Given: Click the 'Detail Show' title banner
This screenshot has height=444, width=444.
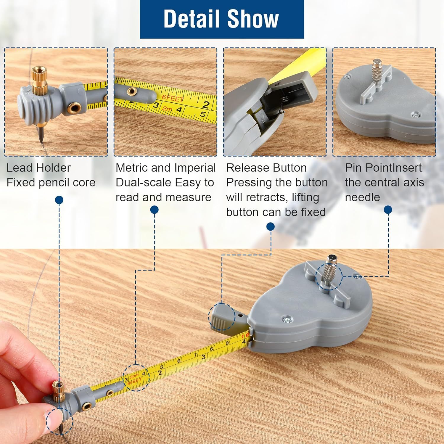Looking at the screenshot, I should click(x=222, y=19).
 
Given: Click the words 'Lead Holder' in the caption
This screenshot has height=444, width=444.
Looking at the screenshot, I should click(x=38, y=168).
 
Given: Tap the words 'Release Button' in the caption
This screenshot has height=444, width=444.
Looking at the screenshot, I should click(x=266, y=168).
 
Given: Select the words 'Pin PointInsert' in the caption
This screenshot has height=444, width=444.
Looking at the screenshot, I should click(x=383, y=168).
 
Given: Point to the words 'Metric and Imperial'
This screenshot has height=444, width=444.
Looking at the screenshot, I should click(x=165, y=168).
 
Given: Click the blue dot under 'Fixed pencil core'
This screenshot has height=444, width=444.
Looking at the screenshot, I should click(x=59, y=200).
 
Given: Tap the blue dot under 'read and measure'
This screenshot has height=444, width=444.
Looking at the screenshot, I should click(x=154, y=210).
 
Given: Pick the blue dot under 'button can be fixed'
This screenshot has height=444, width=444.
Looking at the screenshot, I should click(x=271, y=227).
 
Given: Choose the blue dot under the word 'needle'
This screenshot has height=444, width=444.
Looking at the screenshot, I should click(x=388, y=210).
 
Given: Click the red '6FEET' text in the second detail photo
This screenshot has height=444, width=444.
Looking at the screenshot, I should click(x=173, y=98).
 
